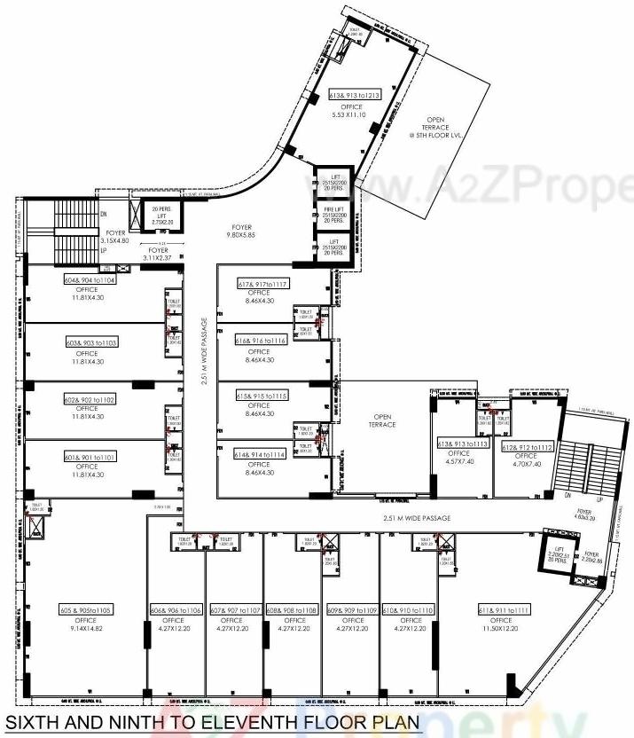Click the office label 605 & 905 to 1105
86,610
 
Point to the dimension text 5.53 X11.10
345,115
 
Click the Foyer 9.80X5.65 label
239,232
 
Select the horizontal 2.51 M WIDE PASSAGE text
417,518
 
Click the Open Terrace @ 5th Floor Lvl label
436,127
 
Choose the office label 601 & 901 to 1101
86,456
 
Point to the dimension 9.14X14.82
86,629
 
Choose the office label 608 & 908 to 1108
293,610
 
